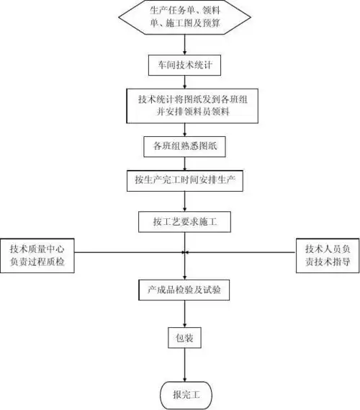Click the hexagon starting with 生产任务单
[185, 18]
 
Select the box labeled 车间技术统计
[185, 65]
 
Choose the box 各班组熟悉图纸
[185, 146]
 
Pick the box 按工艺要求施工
[185, 220]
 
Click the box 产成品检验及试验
[185, 290]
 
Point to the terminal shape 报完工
[185, 393]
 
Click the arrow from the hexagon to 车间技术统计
[186, 45]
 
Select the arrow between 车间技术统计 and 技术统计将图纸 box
[186, 82]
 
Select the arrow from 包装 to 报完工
[186, 364]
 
